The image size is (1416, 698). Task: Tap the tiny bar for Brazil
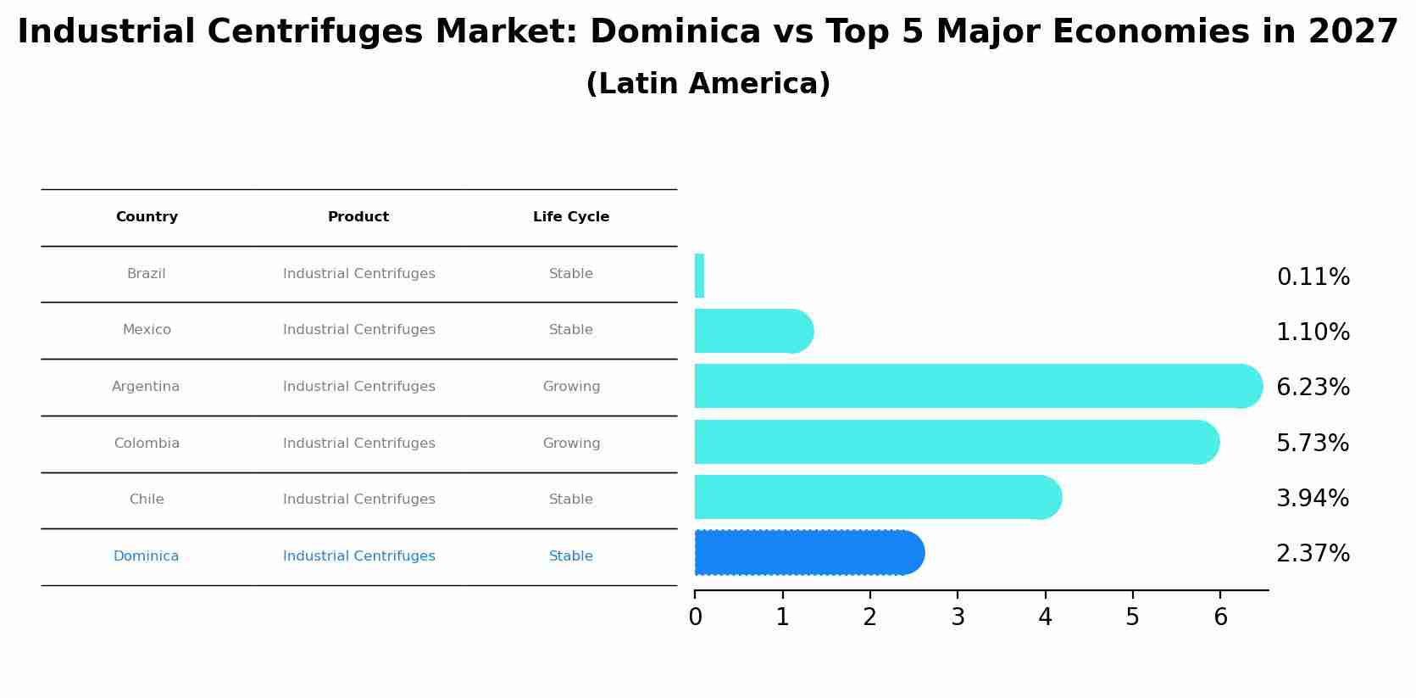(699, 276)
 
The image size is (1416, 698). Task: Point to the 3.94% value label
(1312, 499)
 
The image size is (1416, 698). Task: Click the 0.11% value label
(1313, 277)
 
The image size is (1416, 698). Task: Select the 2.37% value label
(1313, 554)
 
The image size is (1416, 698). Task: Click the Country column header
(147, 217)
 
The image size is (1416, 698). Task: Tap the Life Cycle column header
(570, 217)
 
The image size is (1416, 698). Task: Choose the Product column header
(358, 217)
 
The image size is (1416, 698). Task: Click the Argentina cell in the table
(146, 387)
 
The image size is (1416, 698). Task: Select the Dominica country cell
(146, 556)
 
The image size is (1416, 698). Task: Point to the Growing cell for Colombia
(571, 444)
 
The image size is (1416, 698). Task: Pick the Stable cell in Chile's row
(570, 500)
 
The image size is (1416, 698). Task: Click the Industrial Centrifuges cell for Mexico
(358, 330)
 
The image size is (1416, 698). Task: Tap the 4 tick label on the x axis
(1045, 617)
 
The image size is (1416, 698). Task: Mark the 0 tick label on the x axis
(695, 617)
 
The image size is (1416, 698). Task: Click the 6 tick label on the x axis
(1220, 617)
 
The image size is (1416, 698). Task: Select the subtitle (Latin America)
(708, 84)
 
